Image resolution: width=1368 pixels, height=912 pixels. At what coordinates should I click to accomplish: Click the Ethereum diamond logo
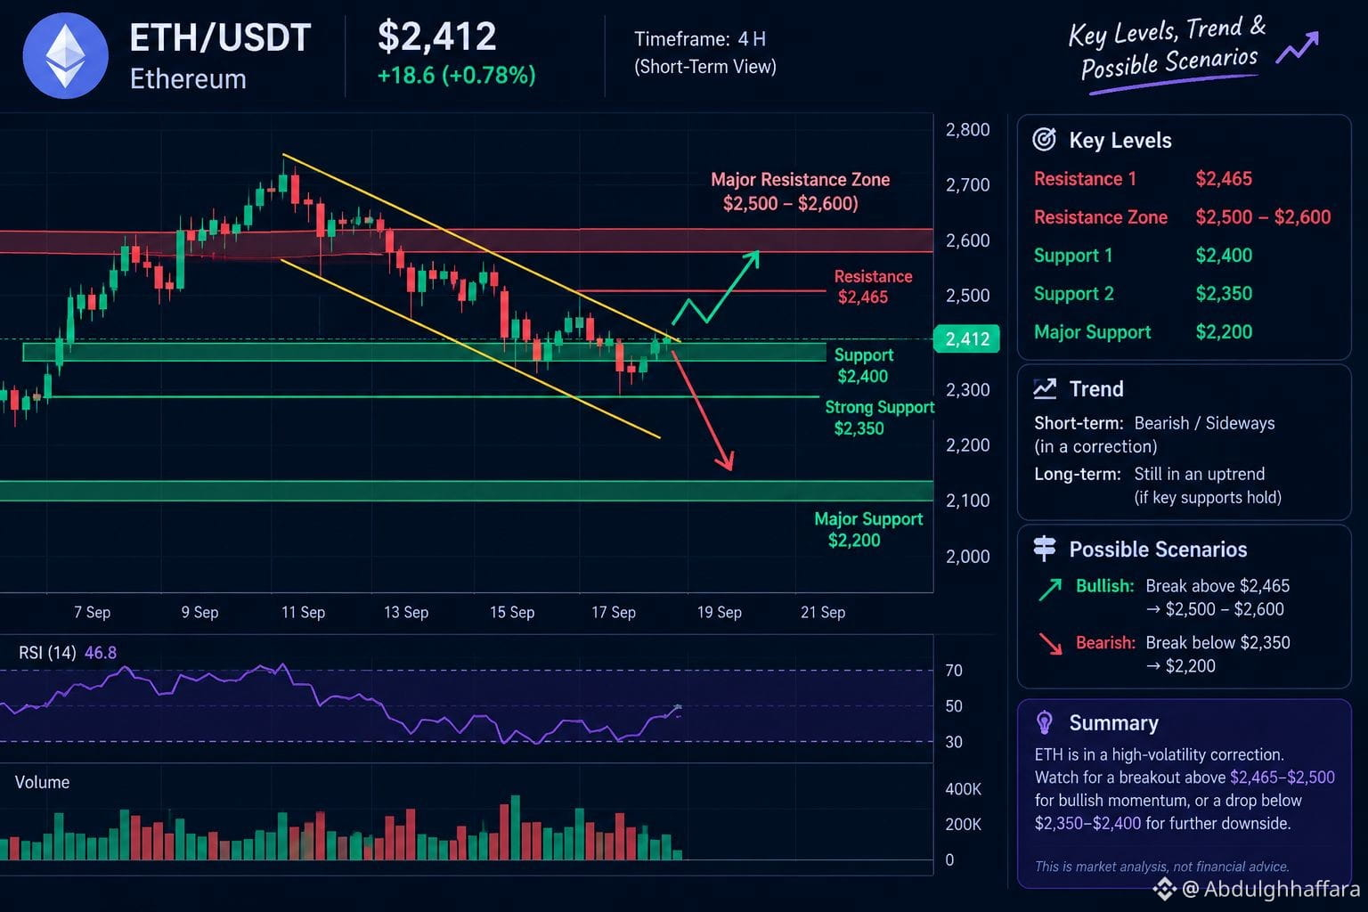coord(65,55)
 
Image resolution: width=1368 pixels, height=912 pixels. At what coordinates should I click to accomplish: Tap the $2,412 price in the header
coord(436,37)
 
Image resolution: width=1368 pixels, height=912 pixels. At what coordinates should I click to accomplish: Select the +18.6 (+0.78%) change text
coord(456,75)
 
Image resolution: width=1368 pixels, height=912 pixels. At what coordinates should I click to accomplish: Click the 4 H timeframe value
coord(752,39)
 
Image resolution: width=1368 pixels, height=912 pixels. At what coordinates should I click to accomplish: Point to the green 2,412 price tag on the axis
coord(966,338)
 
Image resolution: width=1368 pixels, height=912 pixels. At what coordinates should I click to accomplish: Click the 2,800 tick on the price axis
coord(967,129)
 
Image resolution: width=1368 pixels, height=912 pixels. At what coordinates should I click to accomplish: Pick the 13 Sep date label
coord(406,612)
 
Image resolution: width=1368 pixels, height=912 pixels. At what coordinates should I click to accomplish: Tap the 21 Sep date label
coord(823,612)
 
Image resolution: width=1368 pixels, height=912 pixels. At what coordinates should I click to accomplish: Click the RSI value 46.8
coord(100,653)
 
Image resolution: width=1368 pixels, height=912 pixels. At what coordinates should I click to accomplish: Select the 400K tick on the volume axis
coord(963,788)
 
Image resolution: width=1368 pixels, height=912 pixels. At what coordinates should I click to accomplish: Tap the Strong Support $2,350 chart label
coord(879,418)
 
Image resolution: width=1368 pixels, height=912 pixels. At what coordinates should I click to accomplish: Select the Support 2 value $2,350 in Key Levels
coord(1224,293)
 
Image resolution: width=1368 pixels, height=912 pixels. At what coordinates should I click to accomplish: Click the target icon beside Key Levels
coord(1044,139)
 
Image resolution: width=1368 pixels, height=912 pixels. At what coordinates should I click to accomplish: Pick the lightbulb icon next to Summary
coord(1045,722)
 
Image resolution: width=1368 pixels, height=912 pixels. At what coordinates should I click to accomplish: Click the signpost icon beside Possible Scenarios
coord(1045,548)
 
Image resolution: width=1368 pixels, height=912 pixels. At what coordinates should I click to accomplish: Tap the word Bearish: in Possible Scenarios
coord(1105,642)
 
